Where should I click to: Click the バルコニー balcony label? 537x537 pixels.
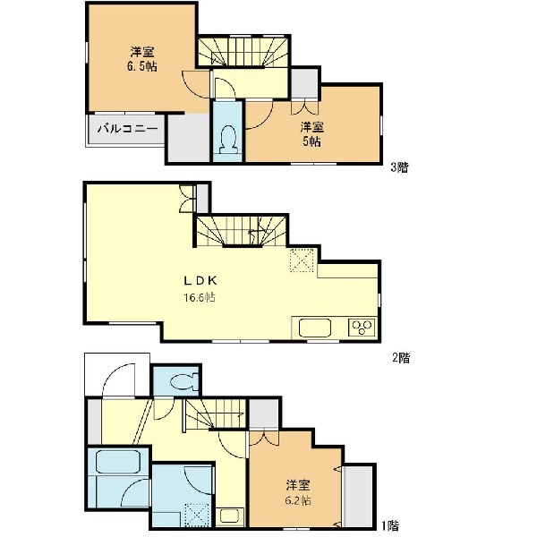[127, 129]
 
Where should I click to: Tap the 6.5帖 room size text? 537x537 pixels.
[142, 66]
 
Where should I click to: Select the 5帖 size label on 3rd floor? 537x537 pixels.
[311, 141]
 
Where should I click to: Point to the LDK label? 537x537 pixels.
[200, 281]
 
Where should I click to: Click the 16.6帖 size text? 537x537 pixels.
[200, 297]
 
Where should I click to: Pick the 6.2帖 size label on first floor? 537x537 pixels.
[298, 500]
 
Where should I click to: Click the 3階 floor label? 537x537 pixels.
[400, 167]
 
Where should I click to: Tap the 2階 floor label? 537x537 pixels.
[401, 358]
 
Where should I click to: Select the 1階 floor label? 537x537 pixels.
[390, 525]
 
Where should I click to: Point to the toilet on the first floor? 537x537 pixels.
[183, 381]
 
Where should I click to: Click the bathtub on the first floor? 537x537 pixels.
[117, 462]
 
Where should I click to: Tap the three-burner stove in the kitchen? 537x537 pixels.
[362, 327]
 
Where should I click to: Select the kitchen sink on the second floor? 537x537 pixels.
[315, 328]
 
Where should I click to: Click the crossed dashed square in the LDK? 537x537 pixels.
[302, 260]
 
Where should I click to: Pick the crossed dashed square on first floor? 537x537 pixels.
[197, 515]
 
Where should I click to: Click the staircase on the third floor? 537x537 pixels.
[243, 51]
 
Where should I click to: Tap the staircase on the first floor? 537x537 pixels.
[216, 413]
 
